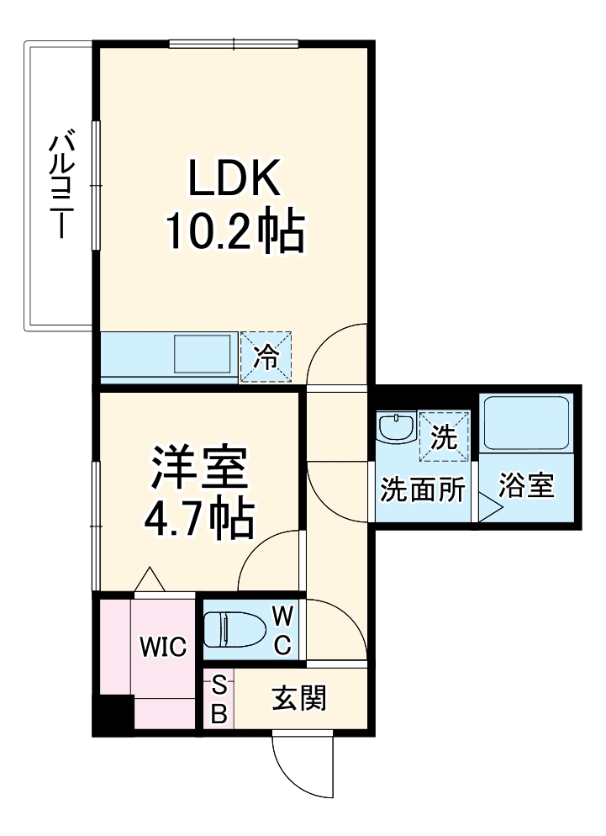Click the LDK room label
[233, 177]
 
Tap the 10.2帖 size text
[233, 231]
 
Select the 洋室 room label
[199, 469]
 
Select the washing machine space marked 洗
[443, 437]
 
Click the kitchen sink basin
[203, 354]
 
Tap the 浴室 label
[527, 486]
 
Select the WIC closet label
[162, 646]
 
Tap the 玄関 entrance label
[298, 697]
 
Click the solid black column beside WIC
[112, 715]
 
